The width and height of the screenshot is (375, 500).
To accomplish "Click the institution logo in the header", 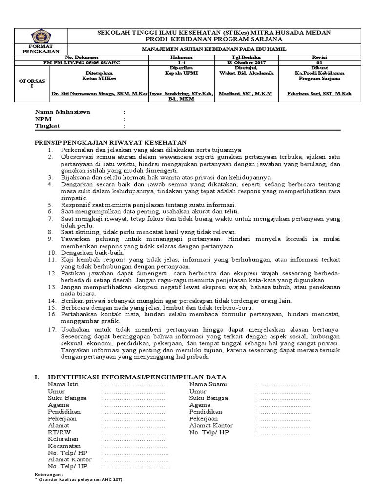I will tap(40, 36).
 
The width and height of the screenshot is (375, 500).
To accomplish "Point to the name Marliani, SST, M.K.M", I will tap(246, 93).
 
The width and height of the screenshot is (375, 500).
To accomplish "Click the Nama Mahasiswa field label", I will tap(62, 112).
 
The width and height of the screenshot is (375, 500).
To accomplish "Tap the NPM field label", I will tap(42, 119).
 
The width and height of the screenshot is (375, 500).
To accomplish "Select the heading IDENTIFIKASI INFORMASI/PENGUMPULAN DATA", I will tap(136, 377).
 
